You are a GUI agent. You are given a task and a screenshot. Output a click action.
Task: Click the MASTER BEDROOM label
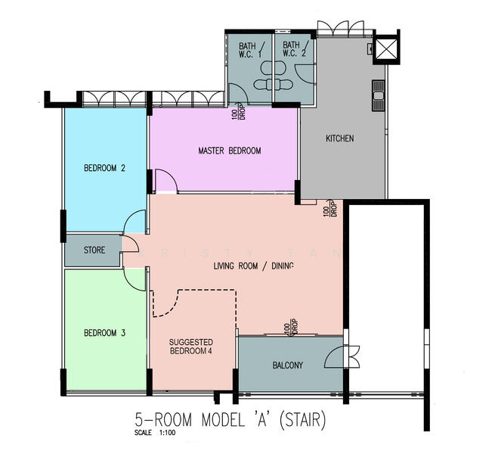click(x=229, y=151)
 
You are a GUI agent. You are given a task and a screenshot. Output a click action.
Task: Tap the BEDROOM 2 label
click(x=104, y=169)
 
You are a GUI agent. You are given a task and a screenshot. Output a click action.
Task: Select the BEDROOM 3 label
click(x=104, y=333)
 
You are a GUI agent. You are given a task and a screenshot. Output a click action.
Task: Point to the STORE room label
click(x=94, y=250)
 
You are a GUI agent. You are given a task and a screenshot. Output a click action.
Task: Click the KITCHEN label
click(x=339, y=138)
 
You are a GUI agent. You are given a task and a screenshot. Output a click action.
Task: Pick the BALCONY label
click(x=287, y=365)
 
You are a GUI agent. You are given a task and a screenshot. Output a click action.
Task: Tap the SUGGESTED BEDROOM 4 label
click(x=191, y=347)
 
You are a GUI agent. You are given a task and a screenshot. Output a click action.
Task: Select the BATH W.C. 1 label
click(x=249, y=49)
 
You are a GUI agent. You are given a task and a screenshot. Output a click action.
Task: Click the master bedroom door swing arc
click(x=166, y=180)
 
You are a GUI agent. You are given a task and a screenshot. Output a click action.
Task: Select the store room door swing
click(x=129, y=244)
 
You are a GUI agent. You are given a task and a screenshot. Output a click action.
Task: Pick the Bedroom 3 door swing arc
click(x=137, y=279)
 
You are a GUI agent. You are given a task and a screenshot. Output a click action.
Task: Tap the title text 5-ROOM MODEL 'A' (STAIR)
click(x=230, y=420)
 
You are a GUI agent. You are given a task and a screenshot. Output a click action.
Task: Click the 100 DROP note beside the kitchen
click(x=331, y=208)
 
